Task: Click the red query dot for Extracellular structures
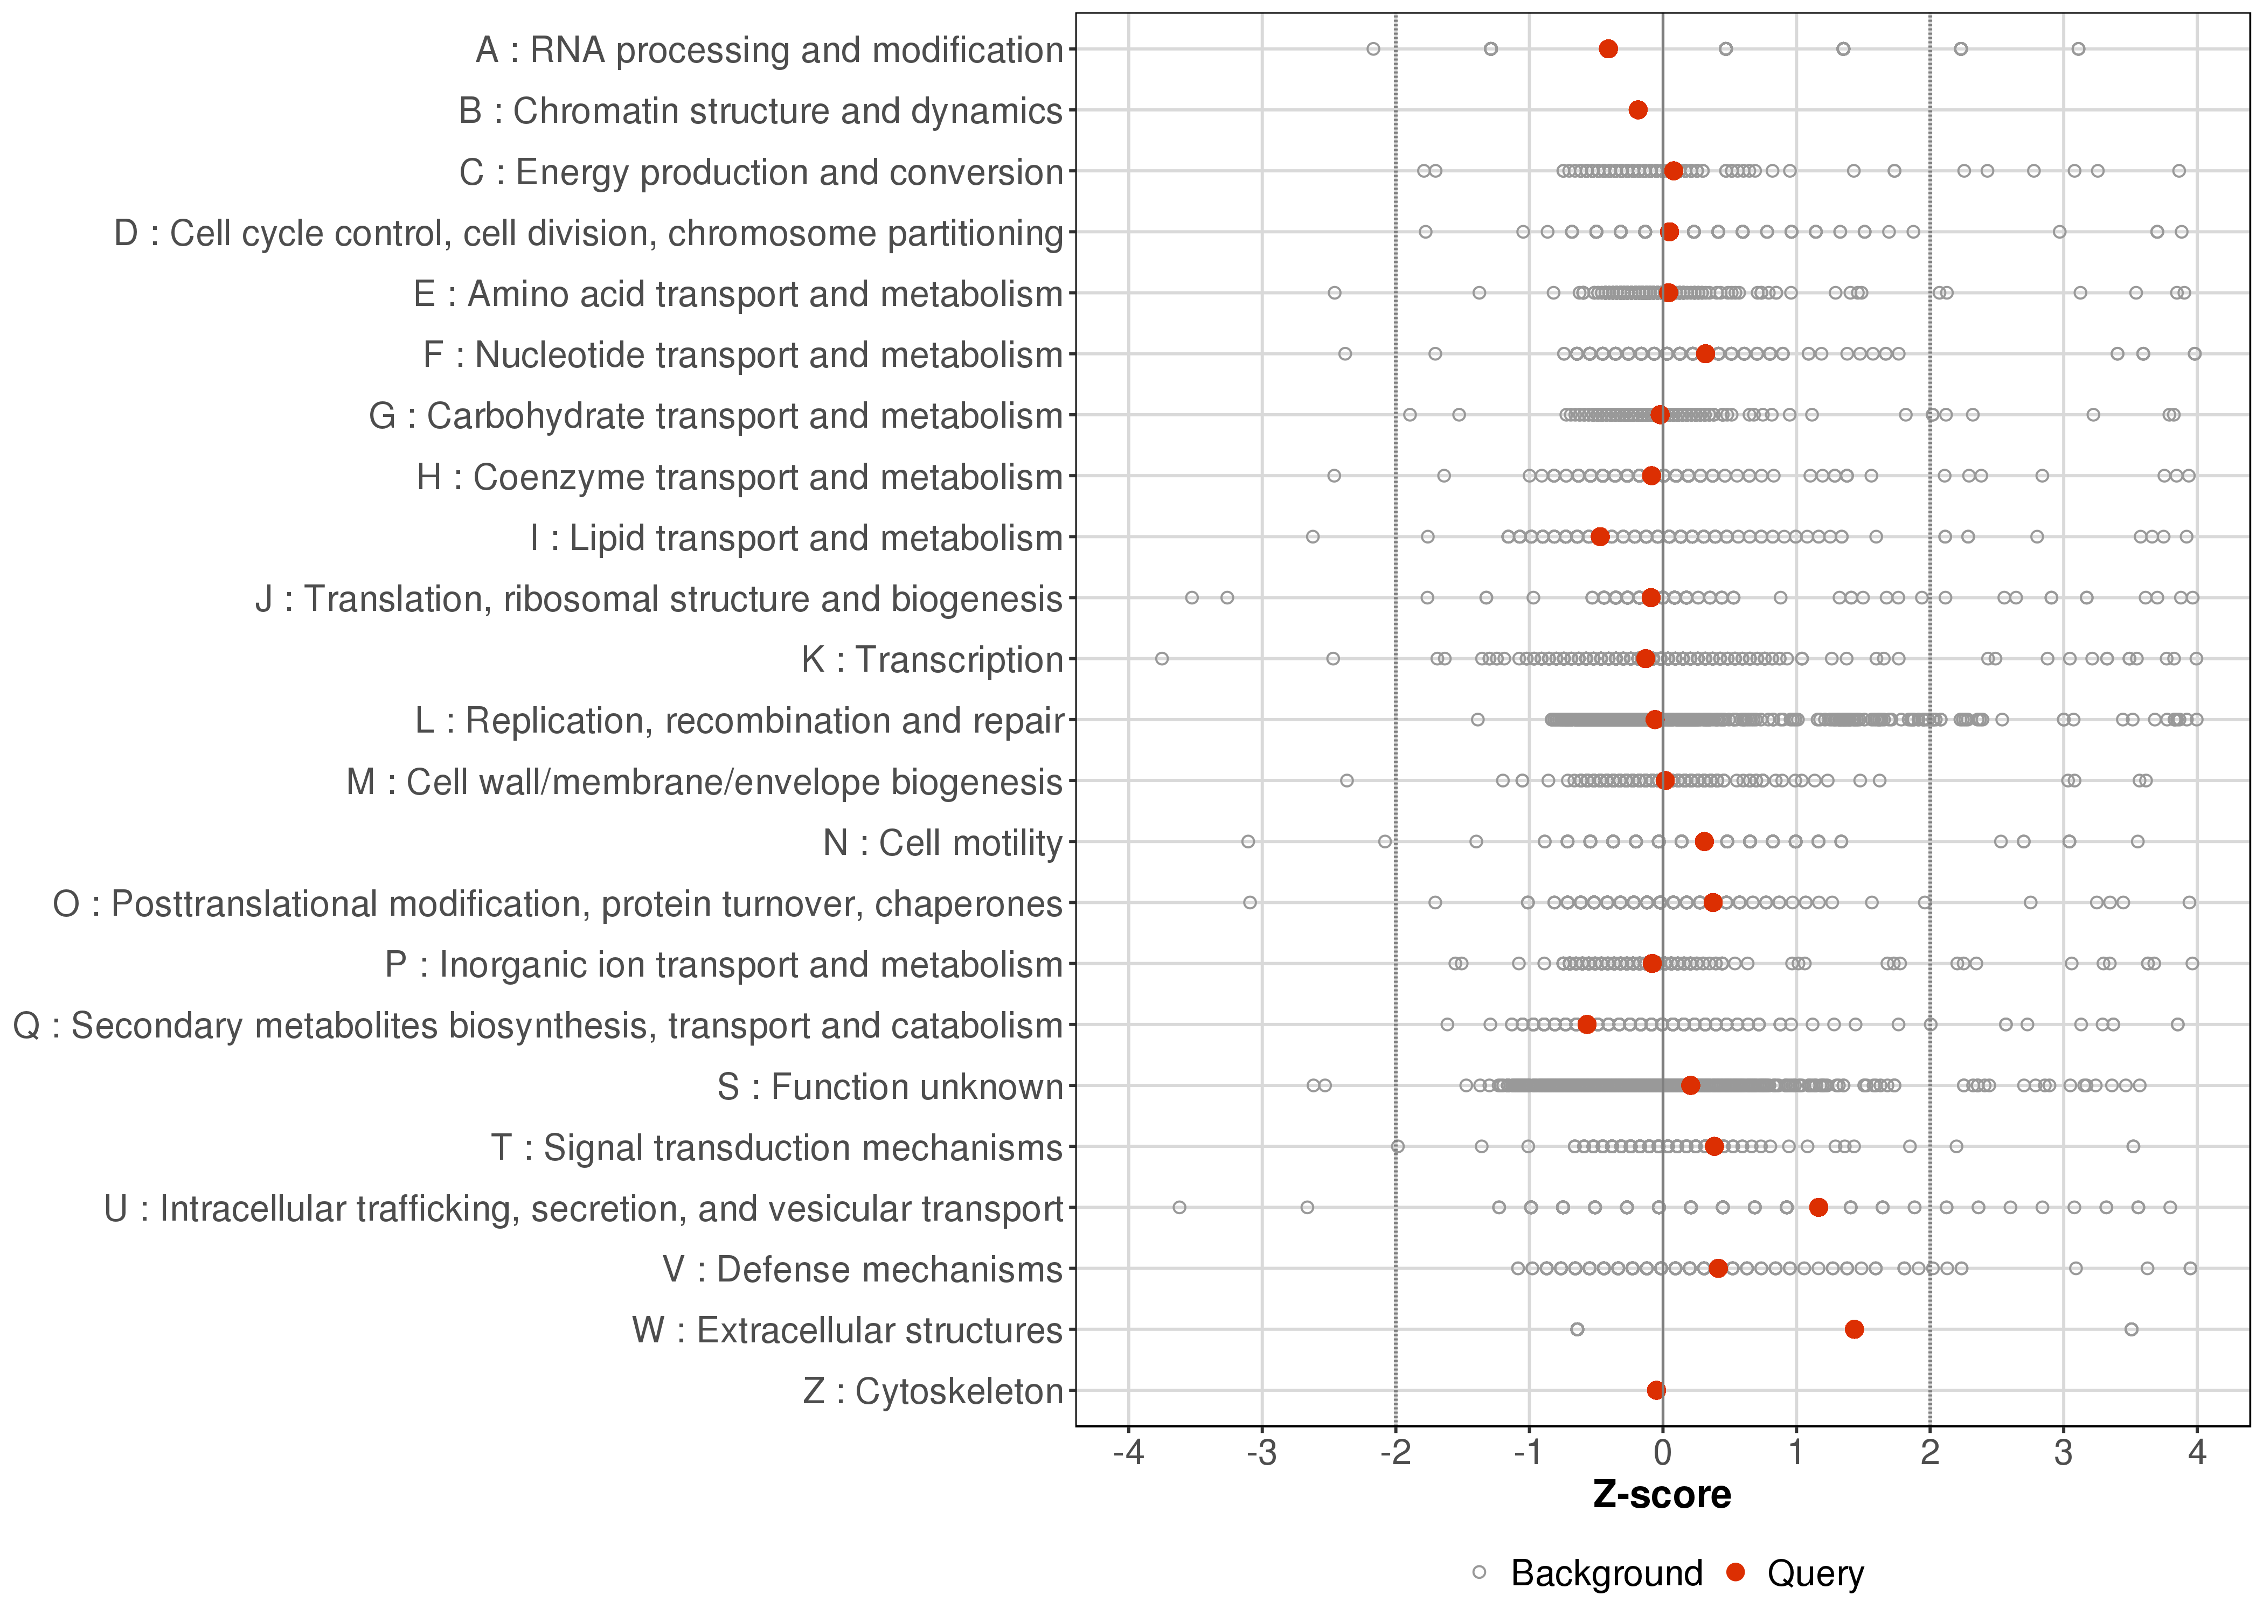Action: [x=1854, y=1329]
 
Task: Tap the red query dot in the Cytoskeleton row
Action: [x=1656, y=1390]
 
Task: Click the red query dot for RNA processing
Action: [x=1608, y=49]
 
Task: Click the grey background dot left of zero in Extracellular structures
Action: [x=1577, y=1329]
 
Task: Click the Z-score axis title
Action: [x=1662, y=1495]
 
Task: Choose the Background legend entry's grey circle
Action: [x=1480, y=1573]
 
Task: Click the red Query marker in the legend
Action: [x=1737, y=1572]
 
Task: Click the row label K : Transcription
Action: [x=933, y=660]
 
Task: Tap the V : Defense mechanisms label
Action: [x=863, y=1270]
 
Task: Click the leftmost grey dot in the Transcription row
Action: [x=1161, y=659]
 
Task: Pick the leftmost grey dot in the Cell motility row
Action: [x=1248, y=842]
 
